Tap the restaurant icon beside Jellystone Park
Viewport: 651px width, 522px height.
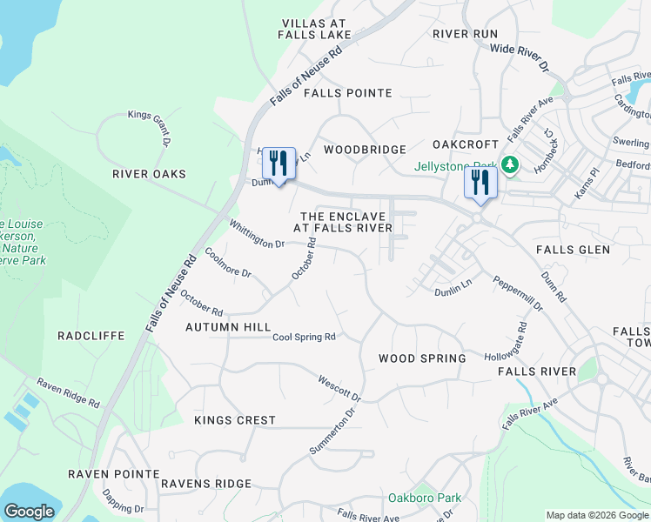click(x=480, y=183)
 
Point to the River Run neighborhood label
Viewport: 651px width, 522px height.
click(x=465, y=34)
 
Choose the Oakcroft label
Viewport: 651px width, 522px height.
click(x=466, y=144)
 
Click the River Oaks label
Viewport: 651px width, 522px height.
click(x=149, y=174)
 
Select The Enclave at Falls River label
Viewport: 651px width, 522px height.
click(x=342, y=221)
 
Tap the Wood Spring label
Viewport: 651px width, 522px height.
click(x=422, y=358)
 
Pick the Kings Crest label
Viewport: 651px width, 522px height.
click(x=234, y=420)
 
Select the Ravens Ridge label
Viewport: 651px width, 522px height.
click(x=205, y=483)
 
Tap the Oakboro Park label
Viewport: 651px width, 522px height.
click(x=424, y=499)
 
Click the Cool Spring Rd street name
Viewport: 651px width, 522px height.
click(x=304, y=338)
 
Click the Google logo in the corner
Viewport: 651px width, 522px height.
click(x=29, y=512)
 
